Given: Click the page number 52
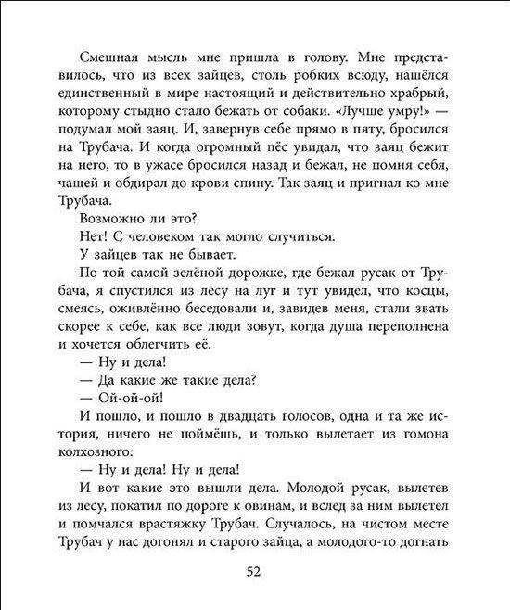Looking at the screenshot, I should coord(256,571).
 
